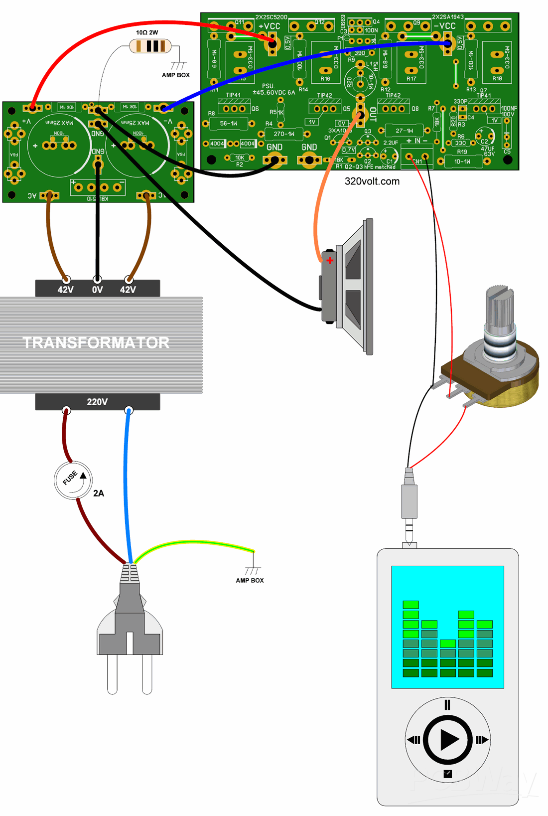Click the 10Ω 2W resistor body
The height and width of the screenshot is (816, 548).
click(x=150, y=46)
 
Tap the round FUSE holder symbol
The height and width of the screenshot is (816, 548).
click(x=73, y=480)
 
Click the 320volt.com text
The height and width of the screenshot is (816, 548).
click(x=372, y=181)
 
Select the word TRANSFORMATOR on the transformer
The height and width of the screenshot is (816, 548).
click(x=96, y=342)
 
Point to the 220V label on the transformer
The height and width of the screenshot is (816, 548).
click(x=97, y=402)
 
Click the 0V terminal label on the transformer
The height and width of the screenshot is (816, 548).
click(x=97, y=290)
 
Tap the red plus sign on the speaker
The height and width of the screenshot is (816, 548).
click(x=330, y=260)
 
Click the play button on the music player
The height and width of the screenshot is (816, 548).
click(x=447, y=740)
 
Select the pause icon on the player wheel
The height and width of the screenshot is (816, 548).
click(x=447, y=705)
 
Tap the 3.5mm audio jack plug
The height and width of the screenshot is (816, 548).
click(x=409, y=503)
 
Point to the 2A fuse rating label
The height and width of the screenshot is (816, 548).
click(x=99, y=493)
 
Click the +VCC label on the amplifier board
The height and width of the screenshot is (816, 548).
click(x=269, y=26)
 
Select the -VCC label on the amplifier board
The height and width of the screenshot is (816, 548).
click(x=444, y=26)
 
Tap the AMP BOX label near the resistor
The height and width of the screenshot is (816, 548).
click(x=176, y=75)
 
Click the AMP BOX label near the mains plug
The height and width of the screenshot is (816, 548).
click(x=250, y=581)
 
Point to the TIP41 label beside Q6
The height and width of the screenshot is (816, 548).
click(x=233, y=95)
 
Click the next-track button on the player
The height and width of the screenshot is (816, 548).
click(x=481, y=740)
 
